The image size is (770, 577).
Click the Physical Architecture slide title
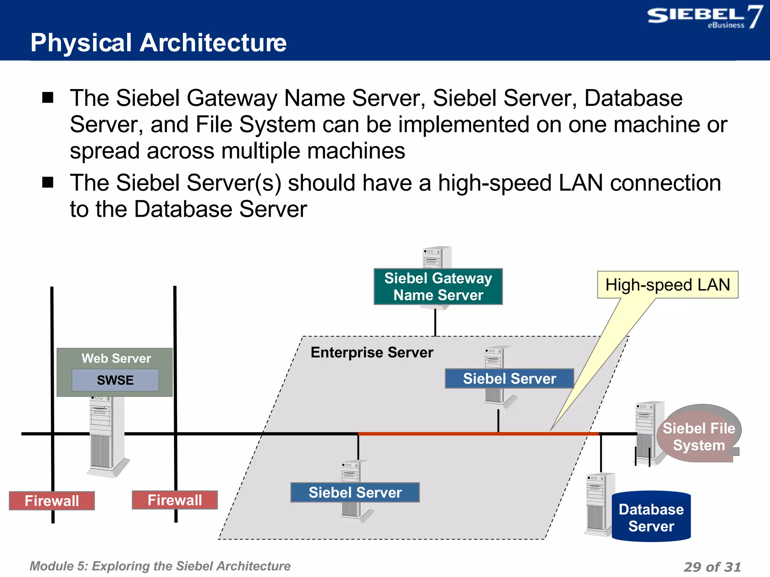(x=158, y=42)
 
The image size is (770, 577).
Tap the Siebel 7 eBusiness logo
(x=704, y=17)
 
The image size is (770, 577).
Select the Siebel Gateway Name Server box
(x=438, y=287)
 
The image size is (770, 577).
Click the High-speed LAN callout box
(x=667, y=285)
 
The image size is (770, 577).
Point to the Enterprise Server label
(x=372, y=352)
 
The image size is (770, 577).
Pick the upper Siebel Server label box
(x=509, y=379)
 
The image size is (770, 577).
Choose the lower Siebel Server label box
(x=355, y=492)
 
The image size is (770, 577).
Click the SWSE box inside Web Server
(x=115, y=380)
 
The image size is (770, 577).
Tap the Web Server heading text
(x=116, y=358)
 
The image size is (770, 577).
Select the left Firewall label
(x=52, y=501)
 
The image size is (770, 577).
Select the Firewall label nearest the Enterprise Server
(x=175, y=500)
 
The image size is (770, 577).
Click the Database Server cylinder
(x=651, y=517)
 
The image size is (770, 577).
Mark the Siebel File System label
(x=699, y=437)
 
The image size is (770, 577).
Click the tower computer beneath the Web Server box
(x=106, y=440)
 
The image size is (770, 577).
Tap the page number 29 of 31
(x=712, y=566)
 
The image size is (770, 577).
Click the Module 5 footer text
(x=160, y=566)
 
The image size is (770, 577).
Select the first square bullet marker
(x=48, y=98)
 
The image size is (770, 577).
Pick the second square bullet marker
(x=48, y=183)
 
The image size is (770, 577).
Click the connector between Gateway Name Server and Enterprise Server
(x=435, y=321)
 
